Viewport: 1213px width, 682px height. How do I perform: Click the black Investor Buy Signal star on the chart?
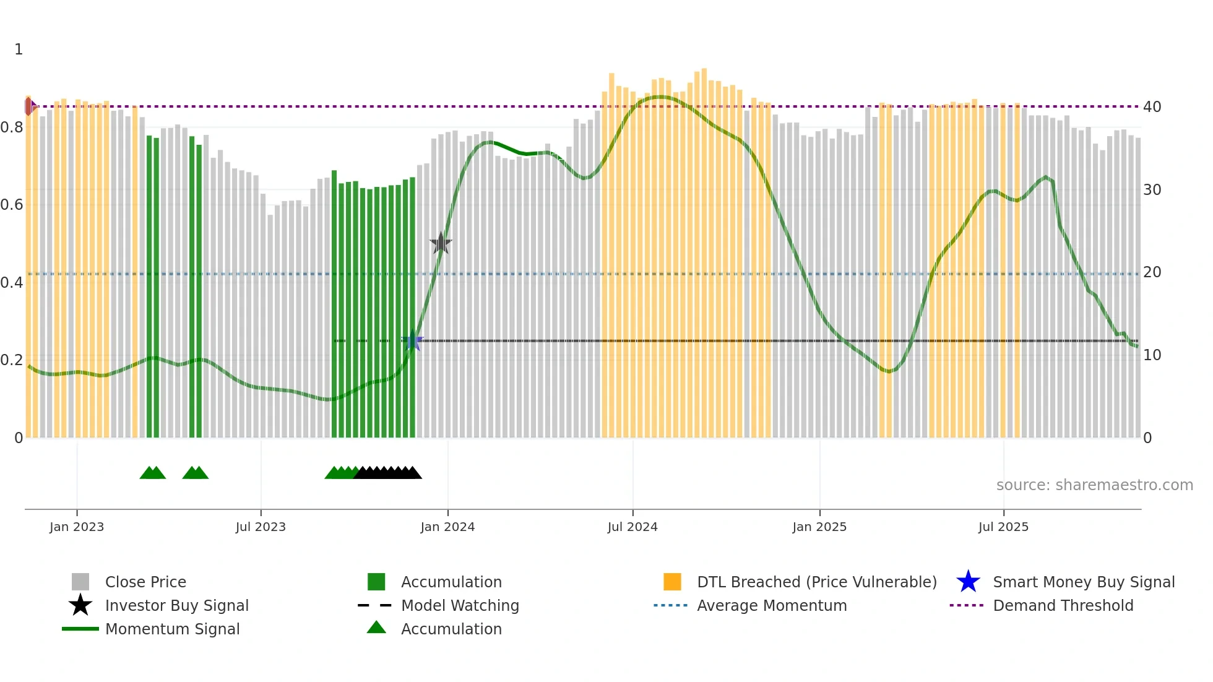441,243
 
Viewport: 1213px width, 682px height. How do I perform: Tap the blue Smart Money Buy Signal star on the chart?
413,341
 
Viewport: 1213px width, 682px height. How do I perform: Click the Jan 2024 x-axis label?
447,527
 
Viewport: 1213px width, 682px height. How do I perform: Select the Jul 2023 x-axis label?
261,527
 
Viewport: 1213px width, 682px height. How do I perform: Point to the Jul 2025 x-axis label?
1003,527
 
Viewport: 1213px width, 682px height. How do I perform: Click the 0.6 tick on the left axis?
12,205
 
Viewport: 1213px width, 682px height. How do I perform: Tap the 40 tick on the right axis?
1152,107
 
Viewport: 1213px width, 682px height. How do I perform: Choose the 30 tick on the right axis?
1152,190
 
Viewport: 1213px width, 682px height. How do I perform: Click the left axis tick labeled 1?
19,50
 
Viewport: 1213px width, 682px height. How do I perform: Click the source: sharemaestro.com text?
1094,485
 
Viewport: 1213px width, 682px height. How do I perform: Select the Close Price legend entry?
145,582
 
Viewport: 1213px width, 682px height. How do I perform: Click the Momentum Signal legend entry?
172,629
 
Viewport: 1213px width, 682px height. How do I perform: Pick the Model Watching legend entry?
460,606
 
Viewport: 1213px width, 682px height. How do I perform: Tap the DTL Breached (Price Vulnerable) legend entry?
816,582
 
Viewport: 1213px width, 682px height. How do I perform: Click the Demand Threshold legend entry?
1063,606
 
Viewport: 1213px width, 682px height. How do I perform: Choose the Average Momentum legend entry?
772,606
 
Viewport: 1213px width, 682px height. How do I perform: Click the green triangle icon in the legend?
376,628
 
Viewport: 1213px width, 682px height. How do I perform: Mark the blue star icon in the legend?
968,582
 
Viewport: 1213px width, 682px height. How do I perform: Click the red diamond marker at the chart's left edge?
29,106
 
